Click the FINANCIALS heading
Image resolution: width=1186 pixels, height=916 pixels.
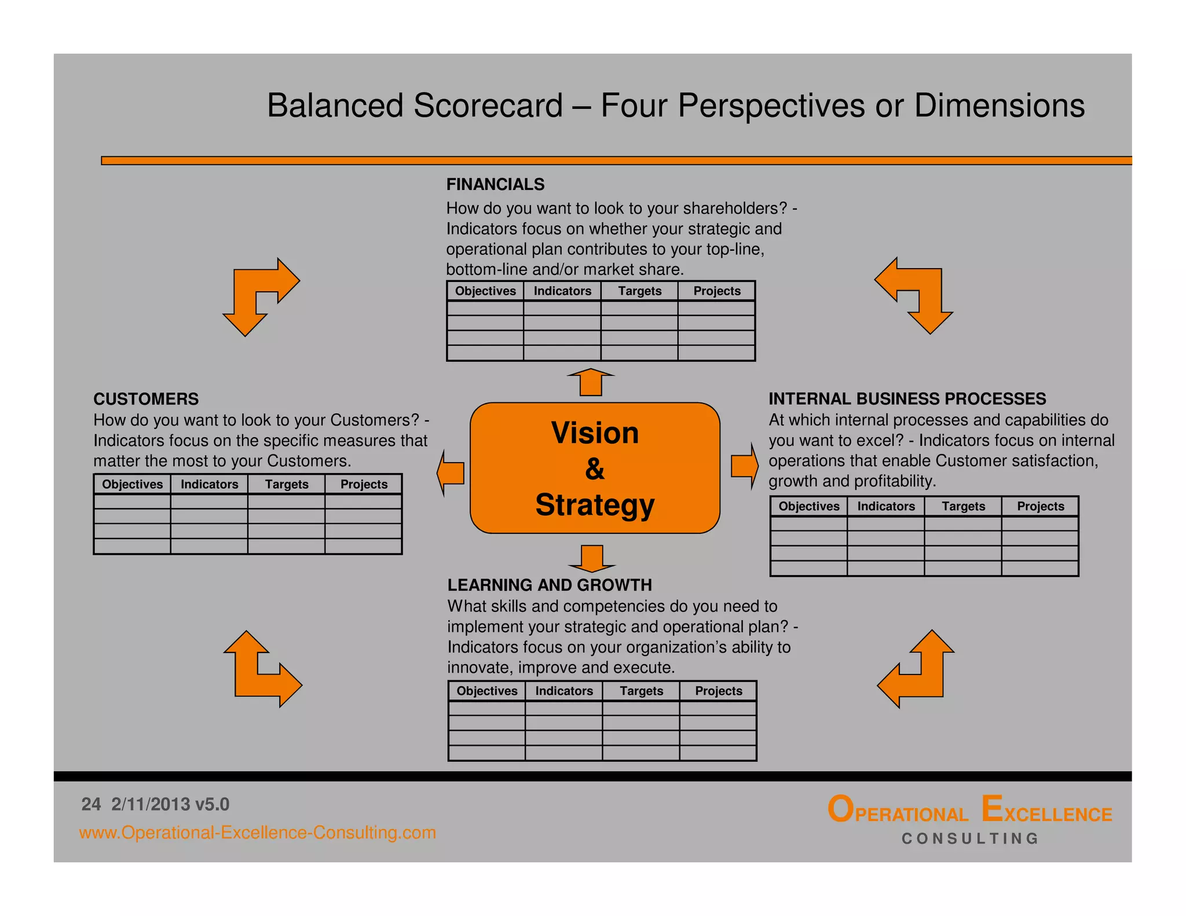(x=495, y=184)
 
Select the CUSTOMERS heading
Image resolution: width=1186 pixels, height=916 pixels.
(x=146, y=399)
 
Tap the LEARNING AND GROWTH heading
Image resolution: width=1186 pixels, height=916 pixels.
(x=550, y=585)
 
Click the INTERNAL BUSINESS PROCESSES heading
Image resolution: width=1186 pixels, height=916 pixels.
(x=907, y=399)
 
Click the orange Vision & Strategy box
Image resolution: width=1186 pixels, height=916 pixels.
(x=595, y=468)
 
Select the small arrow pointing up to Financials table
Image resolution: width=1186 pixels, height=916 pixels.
(x=591, y=382)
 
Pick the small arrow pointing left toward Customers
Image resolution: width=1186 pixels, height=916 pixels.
(x=451, y=472)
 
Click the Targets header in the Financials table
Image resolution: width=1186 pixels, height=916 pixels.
(x=639, y=291)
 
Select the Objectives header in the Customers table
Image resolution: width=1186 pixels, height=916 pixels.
(x=132, y=484)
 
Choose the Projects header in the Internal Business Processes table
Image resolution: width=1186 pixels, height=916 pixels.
(x=1040, y=506)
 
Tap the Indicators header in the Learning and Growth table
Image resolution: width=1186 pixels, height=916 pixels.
(x=563, y=691)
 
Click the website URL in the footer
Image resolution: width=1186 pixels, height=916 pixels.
(x=257, y=833)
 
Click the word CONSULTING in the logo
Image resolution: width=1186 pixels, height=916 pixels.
(x=970, y=838)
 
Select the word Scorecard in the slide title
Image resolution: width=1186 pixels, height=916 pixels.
(x=488, y=105)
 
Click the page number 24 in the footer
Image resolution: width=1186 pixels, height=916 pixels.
(x=91, y=804)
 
